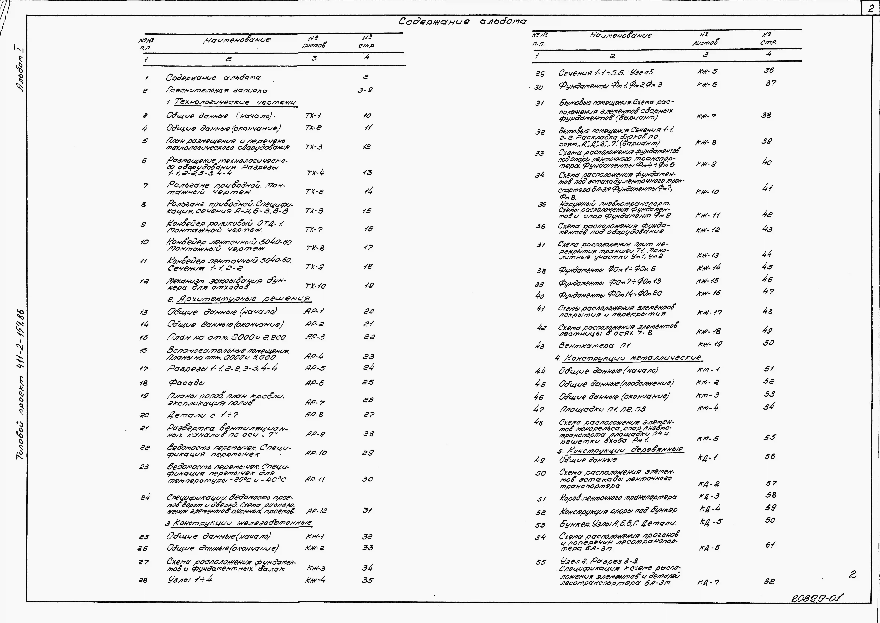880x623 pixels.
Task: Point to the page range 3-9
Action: (x=365, y=90)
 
